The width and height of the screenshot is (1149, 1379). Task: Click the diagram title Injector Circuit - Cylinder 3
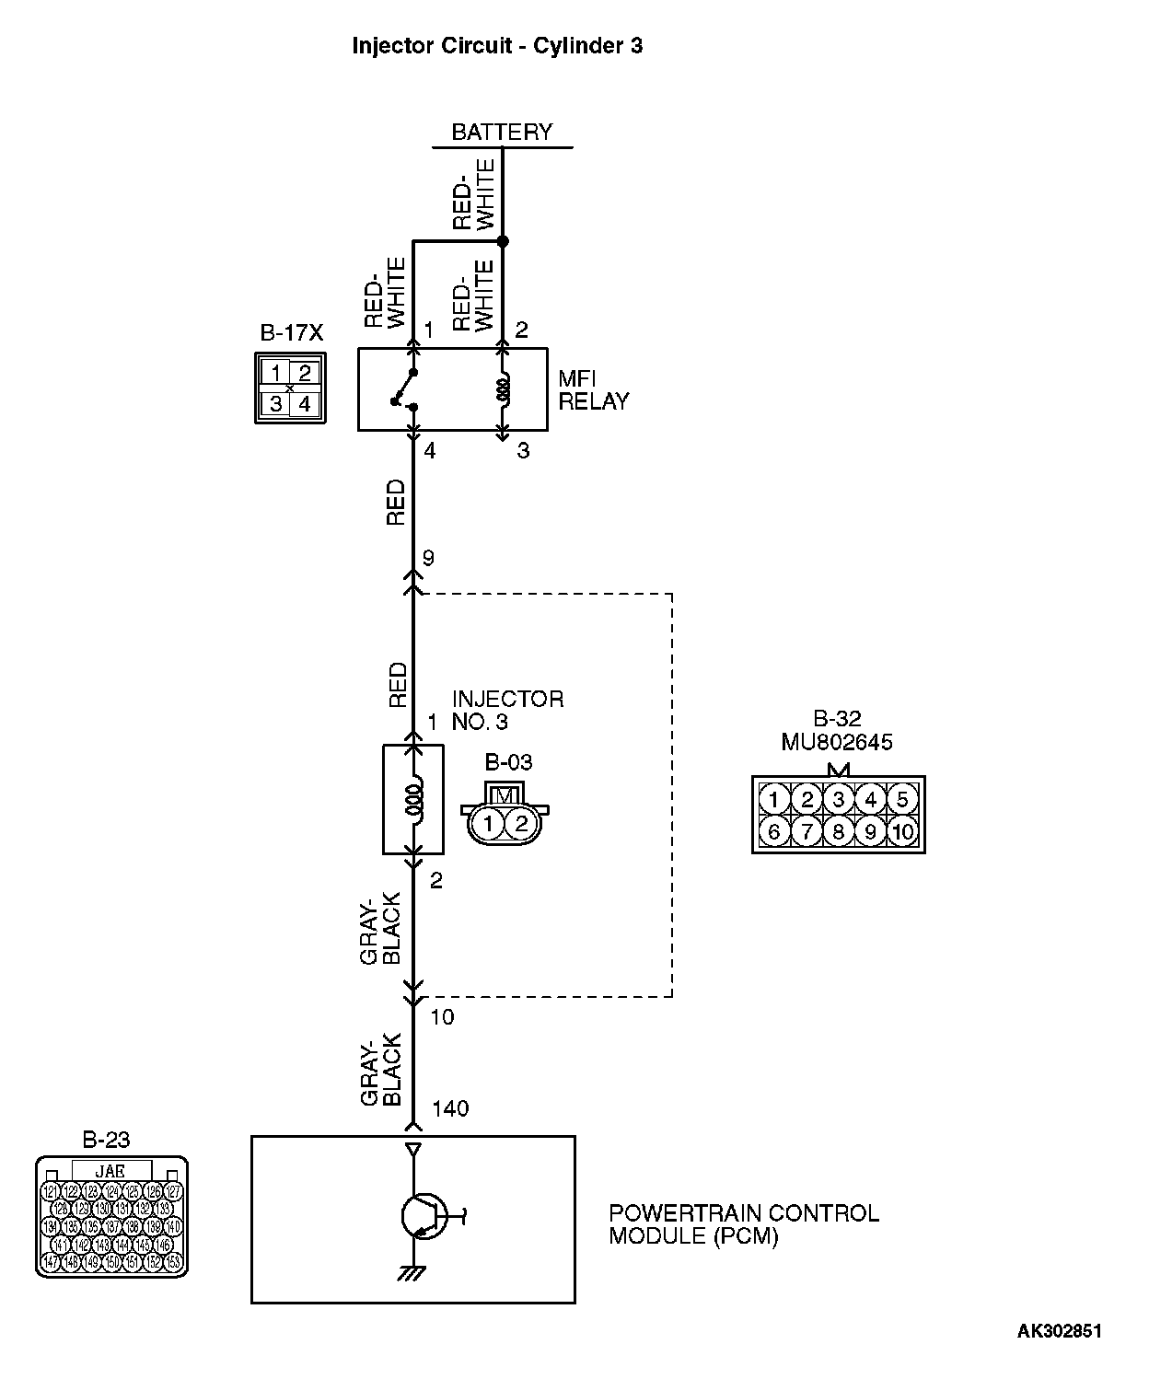tap(497, 46)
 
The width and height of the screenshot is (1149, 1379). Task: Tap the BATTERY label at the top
tap(502, 132)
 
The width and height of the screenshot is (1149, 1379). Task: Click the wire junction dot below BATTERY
tap(503, 241)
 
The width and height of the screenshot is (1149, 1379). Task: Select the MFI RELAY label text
tap(594, 390)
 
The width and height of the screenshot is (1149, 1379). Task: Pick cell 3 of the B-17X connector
tap(276, 403)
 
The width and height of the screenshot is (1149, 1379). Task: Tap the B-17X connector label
tap(291, 332)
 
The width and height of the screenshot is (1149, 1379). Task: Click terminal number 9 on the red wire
tap(428, 558)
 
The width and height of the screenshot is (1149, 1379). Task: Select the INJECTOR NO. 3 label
tap(507, 710)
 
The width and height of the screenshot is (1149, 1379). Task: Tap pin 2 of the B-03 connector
tap(521, 822)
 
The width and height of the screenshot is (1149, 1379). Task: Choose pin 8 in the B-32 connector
tap(838, 832)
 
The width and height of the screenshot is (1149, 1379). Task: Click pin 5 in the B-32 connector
tap(902, 799)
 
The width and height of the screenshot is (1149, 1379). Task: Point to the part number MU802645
tap(837, 742)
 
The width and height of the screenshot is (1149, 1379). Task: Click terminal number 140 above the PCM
tap(449, 1108)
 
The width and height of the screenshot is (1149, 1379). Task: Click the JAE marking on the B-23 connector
tap(110, 1171)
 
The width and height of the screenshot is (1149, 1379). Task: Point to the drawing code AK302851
tap(1059, 1330)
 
